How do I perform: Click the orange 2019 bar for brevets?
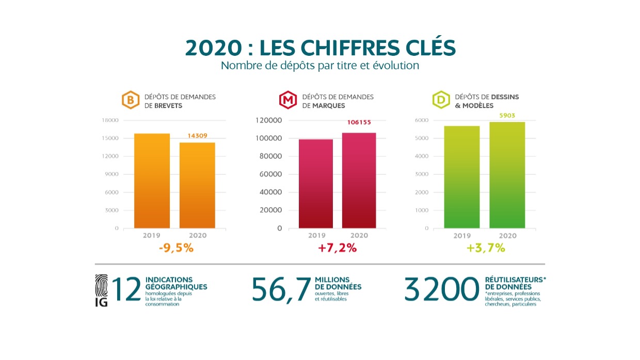click(152, 180)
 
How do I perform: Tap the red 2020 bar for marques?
click(359, 180)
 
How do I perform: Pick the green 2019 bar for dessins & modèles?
click(461, 177)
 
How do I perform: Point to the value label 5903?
click(507, 115)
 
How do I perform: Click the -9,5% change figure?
click(176, 248)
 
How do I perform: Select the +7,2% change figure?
click(338, 248)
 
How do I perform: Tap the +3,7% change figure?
click(485, 248)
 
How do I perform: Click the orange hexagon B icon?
click(130, 100)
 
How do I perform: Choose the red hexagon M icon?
click(287, 100)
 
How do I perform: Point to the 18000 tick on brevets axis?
click(110, 120)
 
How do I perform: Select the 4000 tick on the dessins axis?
click(422, 156)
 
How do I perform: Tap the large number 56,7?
click(281, 289)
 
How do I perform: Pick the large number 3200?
click(442, 289)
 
